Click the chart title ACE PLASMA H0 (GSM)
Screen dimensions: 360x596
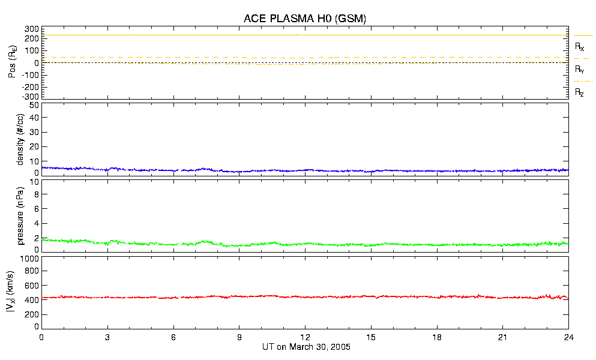click(x=304, y=19)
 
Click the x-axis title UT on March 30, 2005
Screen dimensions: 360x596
click(x=306, y=347)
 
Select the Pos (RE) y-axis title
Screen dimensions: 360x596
click(x=12, y=62)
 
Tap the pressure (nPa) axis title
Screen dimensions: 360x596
click(x=20, y=215)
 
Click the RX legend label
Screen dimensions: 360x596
click(x=579, y=46)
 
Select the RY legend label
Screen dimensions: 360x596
click(x=579, y=70)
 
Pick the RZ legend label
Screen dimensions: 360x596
click(x=579, y=92)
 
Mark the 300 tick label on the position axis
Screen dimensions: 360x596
click(x=32, y=29)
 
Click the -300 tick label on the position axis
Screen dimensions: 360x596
click(x=31, y=96)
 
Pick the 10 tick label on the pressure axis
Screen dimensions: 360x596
click(x=34, y=194)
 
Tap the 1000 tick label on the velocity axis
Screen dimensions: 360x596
click(x=30, y=259)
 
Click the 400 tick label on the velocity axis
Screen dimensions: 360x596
click(x=32, y=300)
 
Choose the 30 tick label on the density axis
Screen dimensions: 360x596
click(x=34, y=133)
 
